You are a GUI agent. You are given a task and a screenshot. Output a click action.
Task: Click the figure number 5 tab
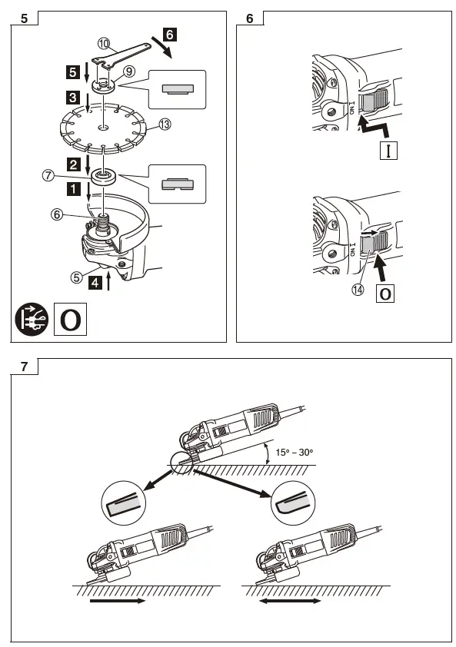(x=25, y=18)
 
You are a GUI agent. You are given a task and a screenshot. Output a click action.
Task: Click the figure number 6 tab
(x=250, y=18)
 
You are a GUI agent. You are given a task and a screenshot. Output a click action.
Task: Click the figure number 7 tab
(x=25, y=366)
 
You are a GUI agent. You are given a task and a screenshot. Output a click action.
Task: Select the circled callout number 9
(x=129, y=70)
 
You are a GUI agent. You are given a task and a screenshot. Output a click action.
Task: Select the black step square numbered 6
(x=170, y=34)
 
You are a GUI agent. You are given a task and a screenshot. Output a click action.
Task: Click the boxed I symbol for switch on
(x=389, y=149)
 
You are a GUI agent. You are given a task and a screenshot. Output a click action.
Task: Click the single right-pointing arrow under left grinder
(x=117, y=602)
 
